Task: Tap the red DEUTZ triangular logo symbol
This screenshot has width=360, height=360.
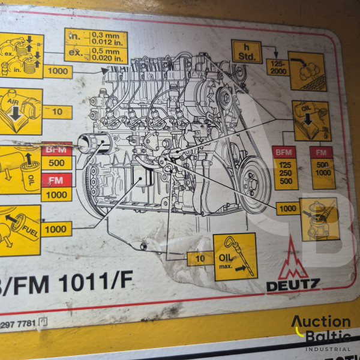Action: [x=293, y=259]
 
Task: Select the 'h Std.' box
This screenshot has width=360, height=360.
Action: [x=246, y=52]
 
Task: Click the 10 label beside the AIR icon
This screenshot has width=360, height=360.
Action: [x=57, y=112]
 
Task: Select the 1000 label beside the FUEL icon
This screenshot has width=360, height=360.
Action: [x=56, y=229]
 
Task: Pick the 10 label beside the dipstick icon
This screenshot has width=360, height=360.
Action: [x=200, y=259]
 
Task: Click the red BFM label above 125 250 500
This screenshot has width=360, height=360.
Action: [x=285, y=152]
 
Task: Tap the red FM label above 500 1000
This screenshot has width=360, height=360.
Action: [x=322, y=152]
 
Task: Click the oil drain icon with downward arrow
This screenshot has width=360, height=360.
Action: [x=311, y=121]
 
